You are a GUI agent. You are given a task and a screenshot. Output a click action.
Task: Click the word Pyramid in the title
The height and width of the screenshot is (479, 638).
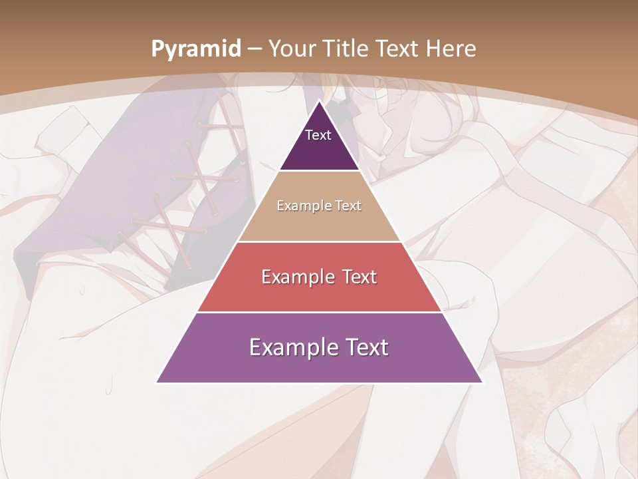coord(195,49)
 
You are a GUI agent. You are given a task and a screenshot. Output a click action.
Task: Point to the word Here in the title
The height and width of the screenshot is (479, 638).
coord(451,49)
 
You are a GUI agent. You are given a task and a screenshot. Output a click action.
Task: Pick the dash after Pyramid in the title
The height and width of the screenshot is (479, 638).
coord(255,49)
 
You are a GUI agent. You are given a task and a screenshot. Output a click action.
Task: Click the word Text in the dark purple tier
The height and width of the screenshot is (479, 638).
coord(318,135)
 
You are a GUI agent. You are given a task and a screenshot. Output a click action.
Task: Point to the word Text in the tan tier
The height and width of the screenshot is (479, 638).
coord(348,206)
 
